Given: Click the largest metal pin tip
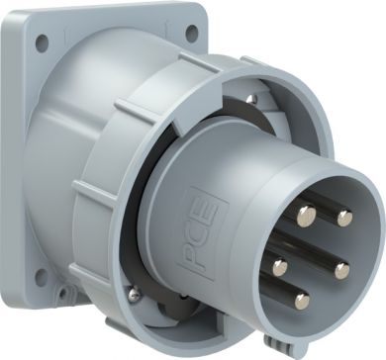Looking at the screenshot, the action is click(307, 216).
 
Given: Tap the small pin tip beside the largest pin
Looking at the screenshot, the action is click(344, 219).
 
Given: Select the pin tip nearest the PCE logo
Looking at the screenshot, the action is click(280, 267).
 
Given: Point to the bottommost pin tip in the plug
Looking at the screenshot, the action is click(302, 302).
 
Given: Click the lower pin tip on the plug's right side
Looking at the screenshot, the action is click(342, 271).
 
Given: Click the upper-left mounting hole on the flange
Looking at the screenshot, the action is click(42, 43).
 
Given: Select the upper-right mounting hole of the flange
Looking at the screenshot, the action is click(192, 33).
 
